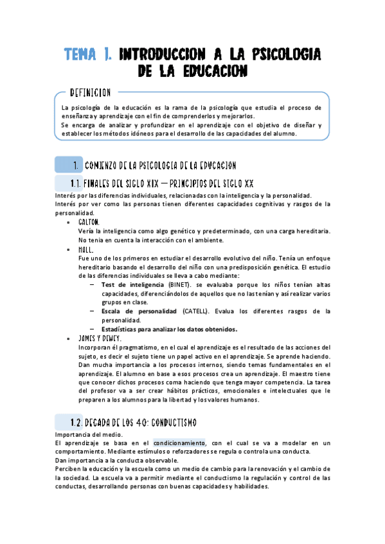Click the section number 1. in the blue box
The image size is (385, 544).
click(x=76, y=166)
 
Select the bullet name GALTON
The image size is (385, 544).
click(x=89, y=222)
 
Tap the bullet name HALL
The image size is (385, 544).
click(x=86, y=249)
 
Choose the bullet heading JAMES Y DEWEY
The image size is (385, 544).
click(x=100, y=337)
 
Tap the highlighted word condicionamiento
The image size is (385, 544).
click(x=179, y=443)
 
